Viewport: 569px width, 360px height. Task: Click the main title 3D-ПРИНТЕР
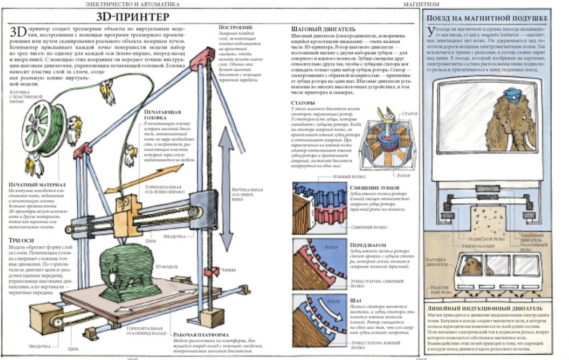tap(136, 17)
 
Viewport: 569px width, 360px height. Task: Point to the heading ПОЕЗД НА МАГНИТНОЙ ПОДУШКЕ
tap(487, 19)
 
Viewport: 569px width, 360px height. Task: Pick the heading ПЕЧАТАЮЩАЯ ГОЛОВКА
tap(162, 115)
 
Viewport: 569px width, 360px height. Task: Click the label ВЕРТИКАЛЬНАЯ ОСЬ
tap(246, 193)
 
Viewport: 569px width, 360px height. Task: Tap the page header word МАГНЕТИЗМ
tap(421, 4)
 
